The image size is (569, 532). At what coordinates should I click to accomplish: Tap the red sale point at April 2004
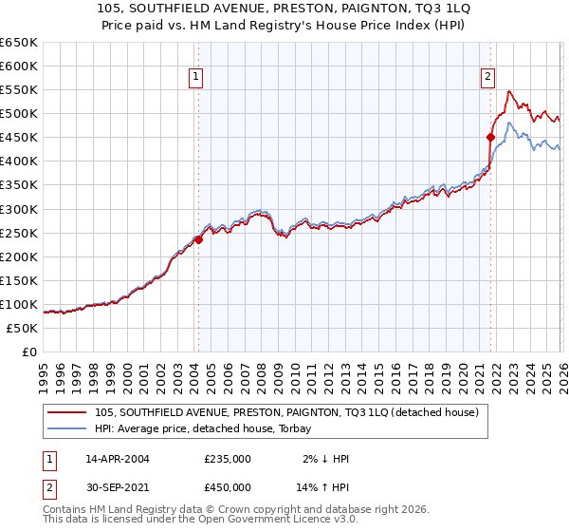click(198, 239)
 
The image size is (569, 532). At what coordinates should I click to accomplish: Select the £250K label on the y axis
click(18, 233)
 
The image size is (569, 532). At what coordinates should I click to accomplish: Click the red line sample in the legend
click(67, 412)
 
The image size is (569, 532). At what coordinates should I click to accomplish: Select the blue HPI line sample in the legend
click(67, 428)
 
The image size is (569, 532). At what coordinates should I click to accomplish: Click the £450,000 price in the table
click(228, 487)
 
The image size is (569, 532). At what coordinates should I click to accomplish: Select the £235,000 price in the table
click(228, 459)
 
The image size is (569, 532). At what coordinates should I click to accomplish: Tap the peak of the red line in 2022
click(509, 91)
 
